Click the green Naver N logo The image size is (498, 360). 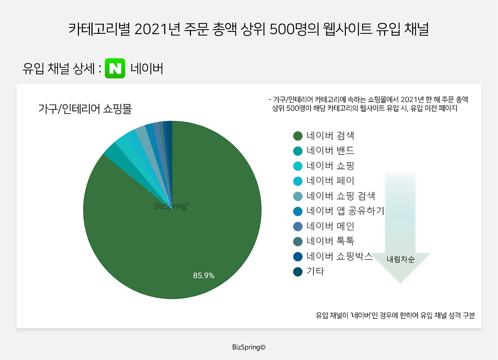point(115,68)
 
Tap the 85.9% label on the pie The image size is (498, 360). point(203,276)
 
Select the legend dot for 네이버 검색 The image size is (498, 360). point(298,136)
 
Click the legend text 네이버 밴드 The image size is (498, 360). point(330,151)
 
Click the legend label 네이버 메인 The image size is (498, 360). point(330,226)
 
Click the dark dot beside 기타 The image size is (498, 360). point(298,272)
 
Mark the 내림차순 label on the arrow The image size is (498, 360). point(400,259)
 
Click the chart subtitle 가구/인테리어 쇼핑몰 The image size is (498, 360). point(85,109)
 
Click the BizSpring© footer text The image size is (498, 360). point(249,347)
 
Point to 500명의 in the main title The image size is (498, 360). point(295,29)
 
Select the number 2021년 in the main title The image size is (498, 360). point(158,29)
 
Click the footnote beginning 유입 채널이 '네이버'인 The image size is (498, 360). point(395,315)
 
